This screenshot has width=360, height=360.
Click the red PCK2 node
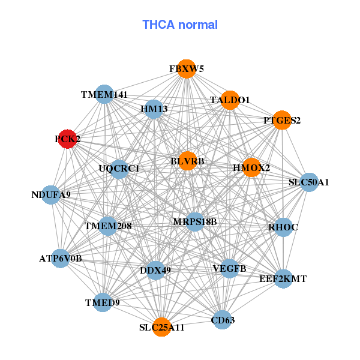click(67, 139)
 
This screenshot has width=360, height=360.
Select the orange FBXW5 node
click(187, 69)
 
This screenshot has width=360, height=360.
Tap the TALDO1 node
click(230, 100)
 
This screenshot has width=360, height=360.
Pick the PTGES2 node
click(281, 120)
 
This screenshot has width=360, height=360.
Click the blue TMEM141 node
click(104, 94)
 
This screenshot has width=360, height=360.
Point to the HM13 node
click(154, 109)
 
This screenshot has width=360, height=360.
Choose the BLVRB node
click(187, 161)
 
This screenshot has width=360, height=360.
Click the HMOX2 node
click(251, 167)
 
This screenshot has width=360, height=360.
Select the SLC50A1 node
click(308, 181)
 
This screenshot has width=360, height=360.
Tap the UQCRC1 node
click(119, 169)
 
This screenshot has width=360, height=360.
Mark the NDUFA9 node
click(51, 194)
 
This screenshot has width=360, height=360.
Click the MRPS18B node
click(194, 222)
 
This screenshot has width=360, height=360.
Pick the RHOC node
click(283, 227)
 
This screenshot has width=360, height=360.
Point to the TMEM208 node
click(108, 226)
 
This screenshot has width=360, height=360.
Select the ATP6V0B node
click(60, 259)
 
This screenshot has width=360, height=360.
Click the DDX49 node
click(155, 270)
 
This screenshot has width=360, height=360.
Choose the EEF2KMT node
click(283, 278)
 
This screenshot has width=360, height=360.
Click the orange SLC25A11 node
click(161, 327)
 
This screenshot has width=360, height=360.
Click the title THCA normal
click(180, 25)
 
